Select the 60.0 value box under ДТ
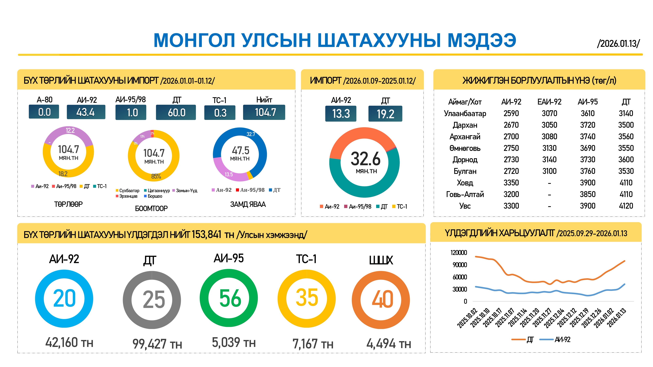176,112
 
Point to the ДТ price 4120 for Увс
626,206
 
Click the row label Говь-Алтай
465,194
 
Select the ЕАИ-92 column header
549,102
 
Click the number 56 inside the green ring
230,298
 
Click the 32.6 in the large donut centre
366,159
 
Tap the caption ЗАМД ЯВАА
248,204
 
